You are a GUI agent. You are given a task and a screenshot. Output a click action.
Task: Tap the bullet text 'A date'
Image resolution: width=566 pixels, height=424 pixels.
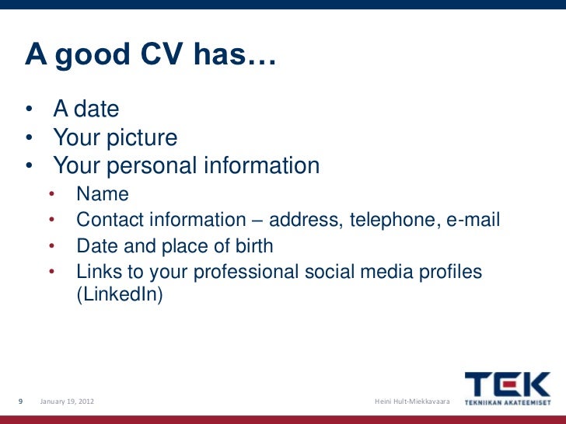pyautogui.click(x=86, y=109)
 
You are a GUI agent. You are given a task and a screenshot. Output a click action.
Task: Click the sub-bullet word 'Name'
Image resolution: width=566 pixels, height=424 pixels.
pyautogui.click(x=103, y=194)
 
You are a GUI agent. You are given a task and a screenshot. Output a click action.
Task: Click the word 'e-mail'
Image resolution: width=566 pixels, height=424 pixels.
pyautogui.click(x=473, y=221)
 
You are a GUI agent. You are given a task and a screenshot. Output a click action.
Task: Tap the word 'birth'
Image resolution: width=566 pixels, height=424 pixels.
pyautogui.click(x=249, y=247)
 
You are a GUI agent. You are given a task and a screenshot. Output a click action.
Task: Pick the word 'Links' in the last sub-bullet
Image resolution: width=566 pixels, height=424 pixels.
pyautogui.click(x=97, y=273)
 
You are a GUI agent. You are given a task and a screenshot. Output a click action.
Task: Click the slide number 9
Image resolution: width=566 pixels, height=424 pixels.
pyautogui.click(x=21, y=401)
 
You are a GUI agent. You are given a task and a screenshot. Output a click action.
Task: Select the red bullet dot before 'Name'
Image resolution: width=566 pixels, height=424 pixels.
pyautogui.click(x=52, y=194)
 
